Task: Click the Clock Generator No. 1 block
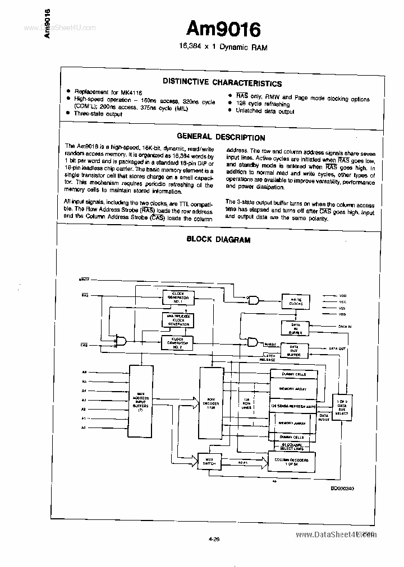(178, 297)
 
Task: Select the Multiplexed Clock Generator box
(178, 319)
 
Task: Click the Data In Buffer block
(295, 328)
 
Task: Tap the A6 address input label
(85, 372)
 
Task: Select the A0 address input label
(84, 427)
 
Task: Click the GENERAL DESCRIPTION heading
(221, 137)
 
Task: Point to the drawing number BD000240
(342, 489)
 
